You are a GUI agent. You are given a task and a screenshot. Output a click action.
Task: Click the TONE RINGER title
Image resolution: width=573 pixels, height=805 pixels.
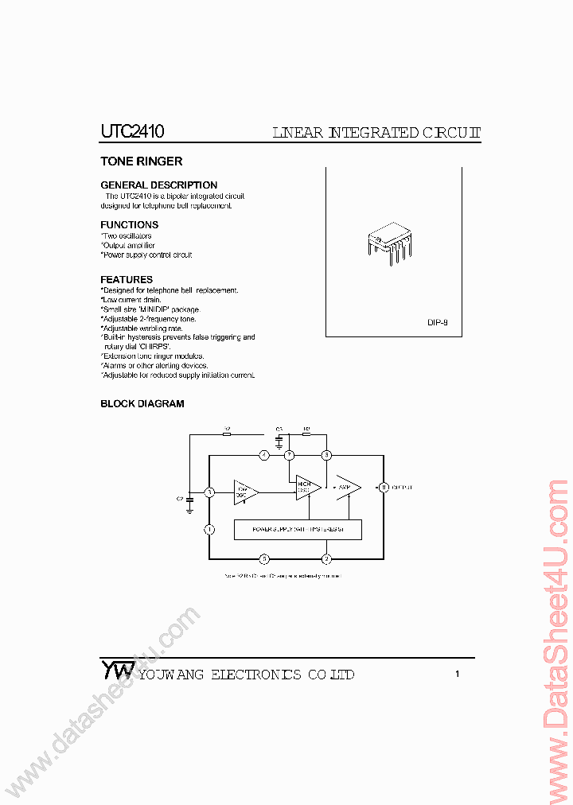pyautogui.click(x=141, y=161)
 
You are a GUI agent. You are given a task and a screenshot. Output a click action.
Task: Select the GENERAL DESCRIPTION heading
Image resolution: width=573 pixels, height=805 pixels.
pyautogui.click(x=158, y=185)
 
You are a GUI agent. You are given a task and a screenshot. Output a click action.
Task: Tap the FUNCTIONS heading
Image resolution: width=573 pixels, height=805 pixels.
pyautogui.click(x=129, y=225)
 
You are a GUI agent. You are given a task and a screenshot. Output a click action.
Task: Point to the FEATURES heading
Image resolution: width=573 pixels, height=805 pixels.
pyautogui.click(x=127, y=280)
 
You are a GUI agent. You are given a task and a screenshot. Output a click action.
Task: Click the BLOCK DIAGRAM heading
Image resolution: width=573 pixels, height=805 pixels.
pyautogui.click(x=142, y=404)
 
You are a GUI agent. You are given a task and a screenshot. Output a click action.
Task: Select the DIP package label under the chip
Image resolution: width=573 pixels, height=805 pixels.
pyautogui.click(x=437, y=323)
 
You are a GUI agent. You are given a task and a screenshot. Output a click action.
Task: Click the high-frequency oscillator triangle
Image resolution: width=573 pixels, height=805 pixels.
pyautogui.click(x=306, y=488)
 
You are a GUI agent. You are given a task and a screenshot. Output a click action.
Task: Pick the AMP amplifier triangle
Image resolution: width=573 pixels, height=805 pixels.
pyautogui.click(x=347, y=487)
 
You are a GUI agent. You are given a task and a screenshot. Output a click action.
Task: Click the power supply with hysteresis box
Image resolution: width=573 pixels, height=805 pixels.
pyautogui.click(x=298, y=529)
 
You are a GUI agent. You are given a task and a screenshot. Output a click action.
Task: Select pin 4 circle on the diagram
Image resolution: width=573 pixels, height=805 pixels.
pyautogui.click(x=264, y=455)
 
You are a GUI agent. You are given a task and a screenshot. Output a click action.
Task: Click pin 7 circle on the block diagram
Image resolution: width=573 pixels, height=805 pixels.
pyautogui.click(x=290, y=455)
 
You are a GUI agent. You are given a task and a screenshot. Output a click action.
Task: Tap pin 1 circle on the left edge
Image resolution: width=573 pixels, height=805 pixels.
pyautogui.click(x=209, y=529)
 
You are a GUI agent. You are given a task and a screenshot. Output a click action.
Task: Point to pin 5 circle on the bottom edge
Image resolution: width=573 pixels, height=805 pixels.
pyautogui.click(x=264, y=558)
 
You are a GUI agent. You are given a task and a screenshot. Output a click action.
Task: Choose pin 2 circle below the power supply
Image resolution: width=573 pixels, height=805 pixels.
pyautogui.click(x=326, y=558)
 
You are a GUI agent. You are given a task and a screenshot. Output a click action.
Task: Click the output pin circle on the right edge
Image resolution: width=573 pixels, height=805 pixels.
pyautogui.click(x=383, y=487)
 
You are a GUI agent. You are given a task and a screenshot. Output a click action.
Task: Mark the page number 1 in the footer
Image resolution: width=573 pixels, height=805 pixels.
pyautogui.click(x=457, y=675)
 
